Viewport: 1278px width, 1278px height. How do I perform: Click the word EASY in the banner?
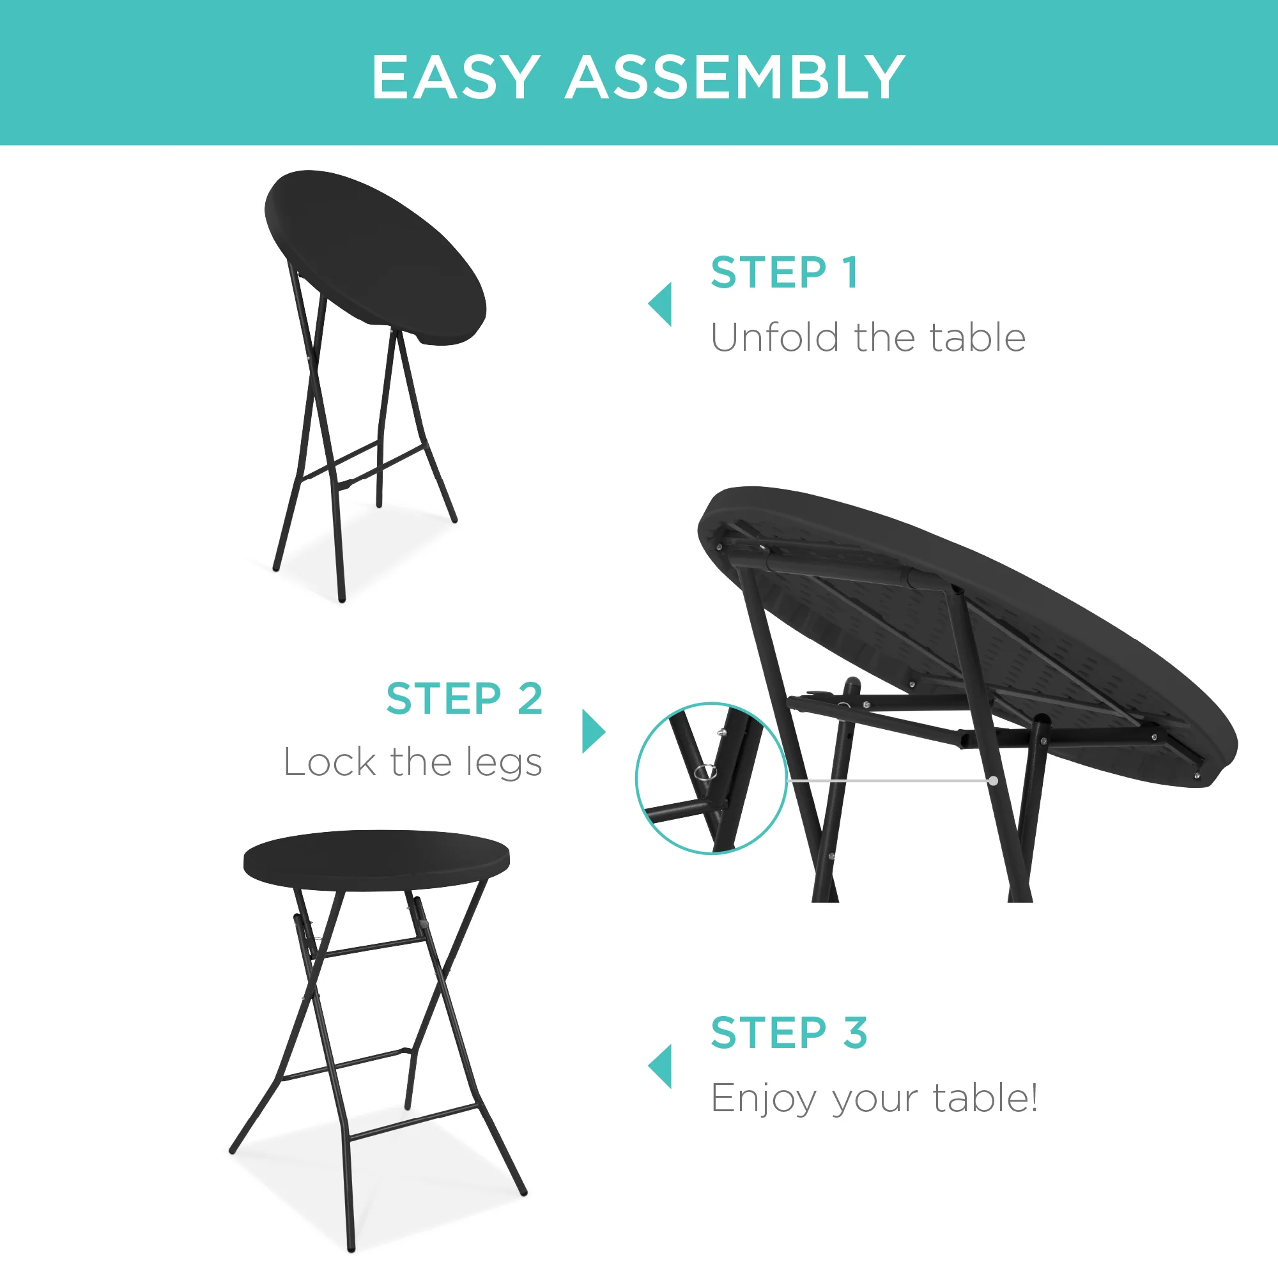[x=455, y=78]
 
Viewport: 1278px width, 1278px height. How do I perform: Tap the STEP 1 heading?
[x=785, y=273]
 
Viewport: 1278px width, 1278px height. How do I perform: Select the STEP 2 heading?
[x=465, y=698]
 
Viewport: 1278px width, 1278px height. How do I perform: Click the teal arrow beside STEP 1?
[x=661, y=304]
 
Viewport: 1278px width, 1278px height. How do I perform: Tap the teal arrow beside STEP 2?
[x=592, y=731]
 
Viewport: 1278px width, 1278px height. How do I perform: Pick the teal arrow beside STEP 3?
[x=661, y=1066]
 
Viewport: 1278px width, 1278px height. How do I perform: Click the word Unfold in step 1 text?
[x=775, y=338]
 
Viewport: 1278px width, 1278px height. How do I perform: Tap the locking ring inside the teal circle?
[x=706, y=772]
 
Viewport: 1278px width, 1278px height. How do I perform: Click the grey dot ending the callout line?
[x=994, y=781]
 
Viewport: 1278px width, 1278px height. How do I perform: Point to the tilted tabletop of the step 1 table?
[x=374, y=255]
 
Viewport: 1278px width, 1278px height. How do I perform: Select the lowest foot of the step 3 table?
[x=351, y=1248]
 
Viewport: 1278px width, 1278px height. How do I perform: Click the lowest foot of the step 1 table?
[x=342, y=599]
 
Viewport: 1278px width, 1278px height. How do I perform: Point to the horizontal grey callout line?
[x=889, y=781]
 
